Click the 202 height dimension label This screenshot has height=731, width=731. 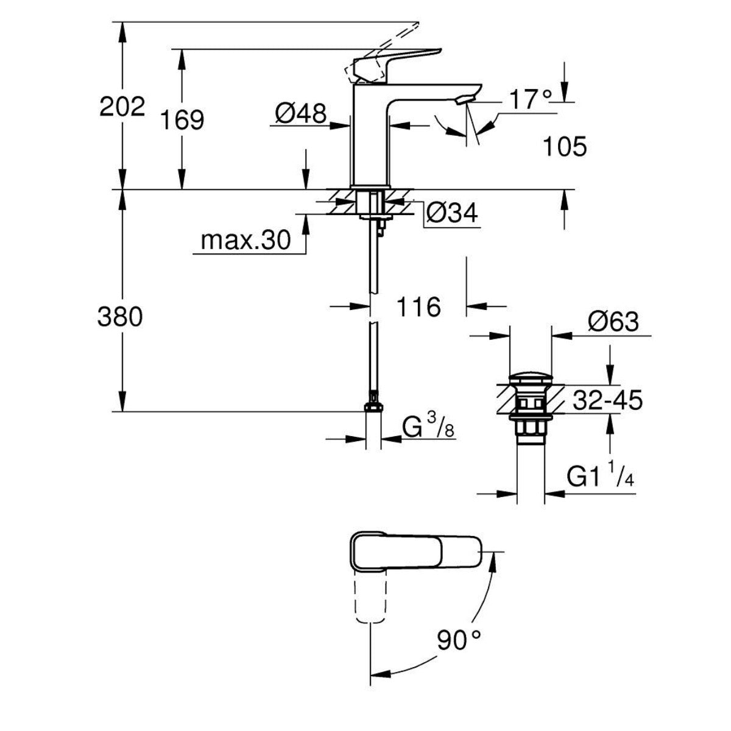122,107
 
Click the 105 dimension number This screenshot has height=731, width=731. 564,147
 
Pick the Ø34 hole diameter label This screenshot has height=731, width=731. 451,213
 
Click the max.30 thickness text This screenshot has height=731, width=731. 246,241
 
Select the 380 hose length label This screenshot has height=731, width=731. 120,317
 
